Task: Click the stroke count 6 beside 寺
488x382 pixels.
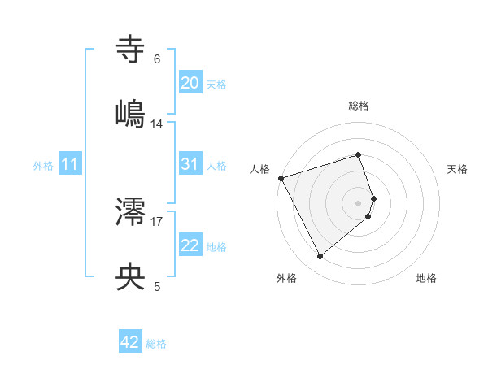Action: (x=157, y=60)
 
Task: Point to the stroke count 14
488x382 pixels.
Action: (x=157, y=124)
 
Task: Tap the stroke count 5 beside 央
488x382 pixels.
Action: (x=157, y=286)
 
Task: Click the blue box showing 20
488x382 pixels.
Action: (x=190, y=83)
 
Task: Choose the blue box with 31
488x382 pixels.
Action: (x=190, y=164)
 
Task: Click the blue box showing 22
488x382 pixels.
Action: (x=190, y=245)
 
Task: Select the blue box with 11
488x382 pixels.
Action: (x=70, y=164)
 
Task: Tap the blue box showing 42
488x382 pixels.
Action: (x=130, y=342)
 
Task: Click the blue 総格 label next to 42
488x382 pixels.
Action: (x=156, y=344)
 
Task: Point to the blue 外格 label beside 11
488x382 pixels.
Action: (x=43, y=166)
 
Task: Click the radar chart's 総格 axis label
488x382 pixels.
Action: (x=359, y=106)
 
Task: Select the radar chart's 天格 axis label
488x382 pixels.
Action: (x=458, y=169)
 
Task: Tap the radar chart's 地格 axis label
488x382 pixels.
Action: (x=426, y=278)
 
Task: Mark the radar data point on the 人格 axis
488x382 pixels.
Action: (x=281, y=177)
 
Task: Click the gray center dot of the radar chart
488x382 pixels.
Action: (x=359, y=202)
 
